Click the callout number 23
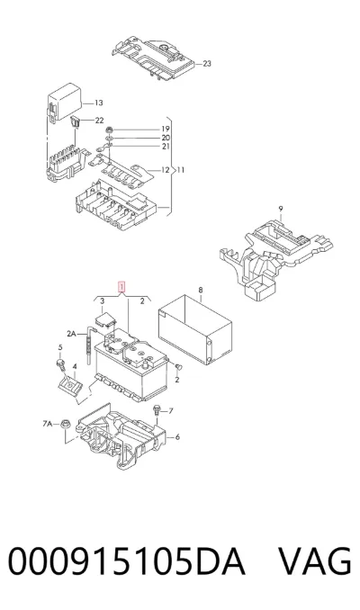(207, 63)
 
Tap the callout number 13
(98, 103)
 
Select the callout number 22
(99, 121)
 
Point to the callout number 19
(166, 129)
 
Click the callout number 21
(166, 147)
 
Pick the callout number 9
(281, 209)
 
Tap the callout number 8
(201, 290)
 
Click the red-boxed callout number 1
(122, 288)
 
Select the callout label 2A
(72, 334)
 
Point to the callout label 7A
(48, 424)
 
